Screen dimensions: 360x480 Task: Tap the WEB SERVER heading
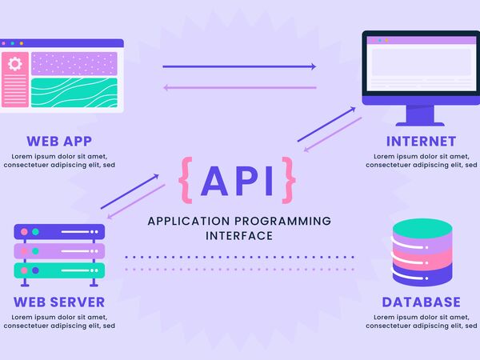click(59, 302)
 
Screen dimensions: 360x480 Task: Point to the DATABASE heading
click(421, 302)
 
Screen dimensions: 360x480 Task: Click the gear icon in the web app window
click(14, 64)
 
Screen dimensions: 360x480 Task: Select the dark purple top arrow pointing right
click(239, 66)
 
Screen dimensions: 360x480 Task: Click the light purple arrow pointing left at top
click(239, 87)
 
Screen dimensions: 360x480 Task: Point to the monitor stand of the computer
click(421, 116)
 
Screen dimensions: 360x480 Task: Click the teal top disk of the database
click(422, 228)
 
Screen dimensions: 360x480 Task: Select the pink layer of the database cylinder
click(422, 258)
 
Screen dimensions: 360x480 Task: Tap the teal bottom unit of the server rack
click(59, 270)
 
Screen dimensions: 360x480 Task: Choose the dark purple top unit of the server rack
click(59, 232)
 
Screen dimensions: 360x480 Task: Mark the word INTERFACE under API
click(239, 235)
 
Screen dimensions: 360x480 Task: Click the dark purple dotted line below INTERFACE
click(239, 257)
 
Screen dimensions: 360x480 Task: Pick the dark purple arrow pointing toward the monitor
click(326, 123)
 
